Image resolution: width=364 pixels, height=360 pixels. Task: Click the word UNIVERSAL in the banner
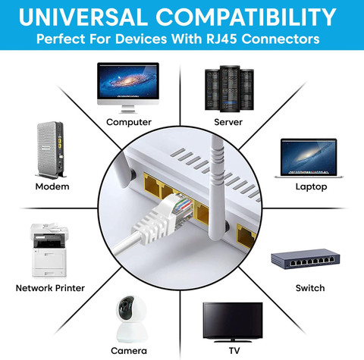coord(83,17)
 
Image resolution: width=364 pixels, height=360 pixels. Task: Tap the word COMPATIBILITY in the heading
coord(246,17)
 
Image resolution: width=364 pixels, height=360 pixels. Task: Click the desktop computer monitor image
coord(128,87)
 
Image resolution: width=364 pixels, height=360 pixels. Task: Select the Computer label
coord(129,122)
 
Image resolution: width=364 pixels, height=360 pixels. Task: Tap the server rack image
coord(229,89)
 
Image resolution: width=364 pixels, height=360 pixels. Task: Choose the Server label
coord(228,122)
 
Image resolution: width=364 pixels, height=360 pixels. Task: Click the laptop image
coord(309,158)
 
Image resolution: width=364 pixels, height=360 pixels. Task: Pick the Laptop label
coord(311,186)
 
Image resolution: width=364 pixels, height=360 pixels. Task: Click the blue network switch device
coord(306,259)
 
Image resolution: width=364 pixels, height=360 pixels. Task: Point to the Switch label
coord(310,288)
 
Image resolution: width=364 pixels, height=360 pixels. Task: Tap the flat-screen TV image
coord(233,322)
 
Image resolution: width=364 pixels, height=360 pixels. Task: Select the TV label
coord(234,351)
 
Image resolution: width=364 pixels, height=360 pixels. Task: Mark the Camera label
coord(129,351)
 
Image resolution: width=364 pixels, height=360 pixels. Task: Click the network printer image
coord(49,249)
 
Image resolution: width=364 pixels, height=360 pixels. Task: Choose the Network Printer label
coord(50,288)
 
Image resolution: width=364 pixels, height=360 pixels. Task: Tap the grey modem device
coord(51,150)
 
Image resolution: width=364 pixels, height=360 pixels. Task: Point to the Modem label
coord(52,186)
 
